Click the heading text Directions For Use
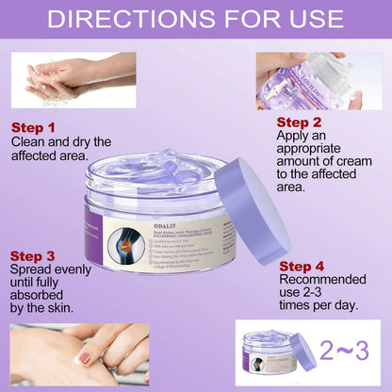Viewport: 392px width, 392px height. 196,20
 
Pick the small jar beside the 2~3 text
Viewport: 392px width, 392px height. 271,353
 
